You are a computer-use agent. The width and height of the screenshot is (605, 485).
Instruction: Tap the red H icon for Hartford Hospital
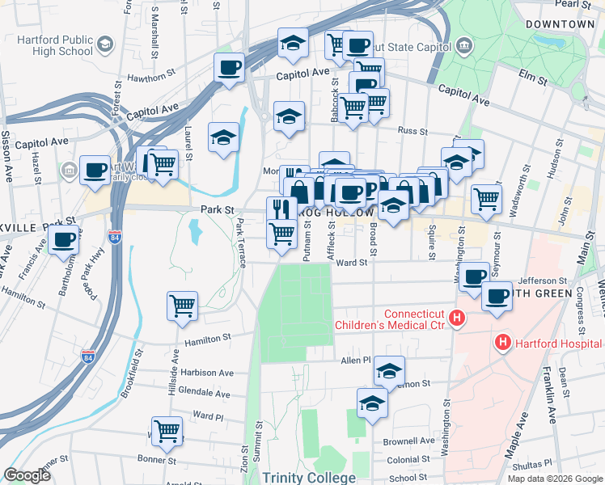tap(502, 344)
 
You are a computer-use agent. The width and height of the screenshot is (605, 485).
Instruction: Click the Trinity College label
tap(309, 478)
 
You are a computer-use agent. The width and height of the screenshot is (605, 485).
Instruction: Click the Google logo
tap(27, 475)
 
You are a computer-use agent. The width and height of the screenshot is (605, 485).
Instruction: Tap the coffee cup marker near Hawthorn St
tap(229, 67)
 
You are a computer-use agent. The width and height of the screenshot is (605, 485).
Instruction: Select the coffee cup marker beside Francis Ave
tap(64, 239)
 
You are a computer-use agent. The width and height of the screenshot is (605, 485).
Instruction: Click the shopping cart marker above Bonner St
tap(167, 430)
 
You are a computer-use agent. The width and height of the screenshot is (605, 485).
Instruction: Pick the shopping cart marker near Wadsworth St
tap(485, 198)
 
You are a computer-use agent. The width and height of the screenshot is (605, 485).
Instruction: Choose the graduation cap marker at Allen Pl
tap(389, 371)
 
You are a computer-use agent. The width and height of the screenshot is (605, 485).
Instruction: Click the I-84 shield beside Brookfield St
tap(88, 356)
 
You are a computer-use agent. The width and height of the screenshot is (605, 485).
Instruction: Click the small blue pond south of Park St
tap(194, 232)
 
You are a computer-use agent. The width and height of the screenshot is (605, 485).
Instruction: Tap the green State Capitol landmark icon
tap(464, 44)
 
